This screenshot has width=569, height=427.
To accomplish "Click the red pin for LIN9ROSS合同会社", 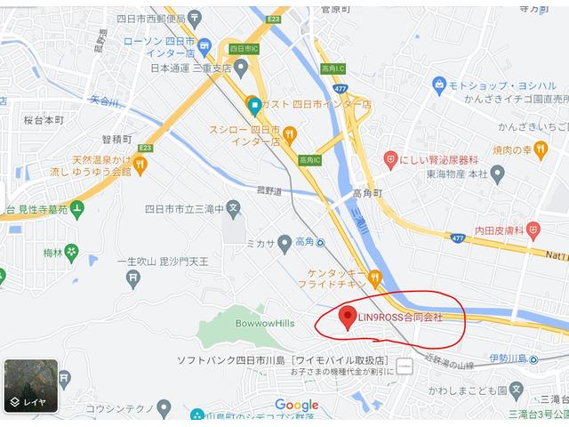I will pos(349,317).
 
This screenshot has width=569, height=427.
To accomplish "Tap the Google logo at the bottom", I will pos(296,405).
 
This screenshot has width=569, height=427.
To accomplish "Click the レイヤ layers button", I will pos(31,385).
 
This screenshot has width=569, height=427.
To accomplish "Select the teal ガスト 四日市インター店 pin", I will pos(253,105).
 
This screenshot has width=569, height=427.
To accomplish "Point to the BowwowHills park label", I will pos(265,323).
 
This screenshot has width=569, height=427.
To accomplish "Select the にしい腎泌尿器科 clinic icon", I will pos(389,159).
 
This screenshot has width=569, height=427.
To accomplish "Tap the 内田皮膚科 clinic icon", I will pos(533,230).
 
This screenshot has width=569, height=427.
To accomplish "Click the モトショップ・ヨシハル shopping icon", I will pos(438,85).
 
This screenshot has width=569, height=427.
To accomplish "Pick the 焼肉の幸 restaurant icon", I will pos(541,150).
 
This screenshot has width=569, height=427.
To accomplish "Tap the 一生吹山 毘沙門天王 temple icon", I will pos(133,279).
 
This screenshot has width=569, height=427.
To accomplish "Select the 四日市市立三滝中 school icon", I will pos(234,209).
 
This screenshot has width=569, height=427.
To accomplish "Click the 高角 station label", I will pos(304,241).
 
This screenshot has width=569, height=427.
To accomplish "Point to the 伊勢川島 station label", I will pos(508,359).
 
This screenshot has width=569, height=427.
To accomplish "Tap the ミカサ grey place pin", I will pos(284,241).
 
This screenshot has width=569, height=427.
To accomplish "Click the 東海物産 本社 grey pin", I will pos(497,174).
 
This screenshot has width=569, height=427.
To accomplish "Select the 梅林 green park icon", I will pos(71,253).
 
